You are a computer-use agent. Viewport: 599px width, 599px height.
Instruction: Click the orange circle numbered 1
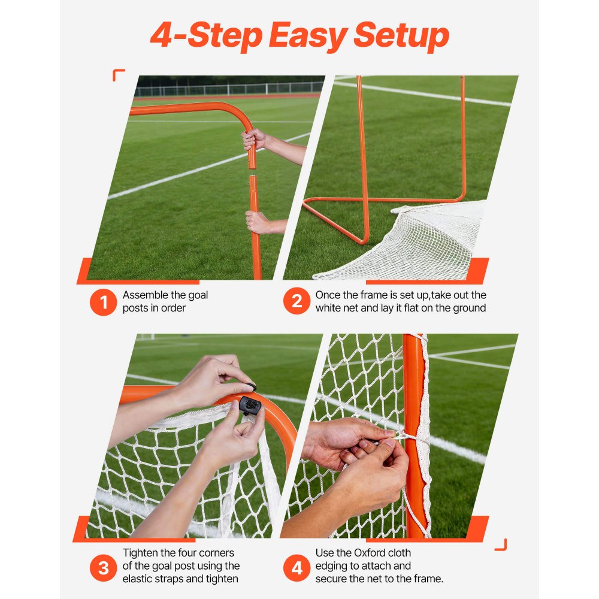(x=103, y=302)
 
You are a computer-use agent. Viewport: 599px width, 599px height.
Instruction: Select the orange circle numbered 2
(x=297, y=302)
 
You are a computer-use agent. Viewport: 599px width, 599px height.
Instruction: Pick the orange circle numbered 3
(x=103, y=567)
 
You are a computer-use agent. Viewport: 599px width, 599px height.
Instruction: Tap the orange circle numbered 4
(x=297, y=567)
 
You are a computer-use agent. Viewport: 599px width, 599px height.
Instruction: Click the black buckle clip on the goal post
(x=250, y=407)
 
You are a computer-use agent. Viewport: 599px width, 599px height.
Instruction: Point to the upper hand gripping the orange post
(x=254, y=140)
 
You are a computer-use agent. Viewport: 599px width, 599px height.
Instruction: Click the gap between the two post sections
(x=252, y=172)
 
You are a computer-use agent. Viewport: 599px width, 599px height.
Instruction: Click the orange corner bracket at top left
(x=118, y=74)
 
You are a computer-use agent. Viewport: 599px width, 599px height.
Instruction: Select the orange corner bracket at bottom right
(x=501, y=544)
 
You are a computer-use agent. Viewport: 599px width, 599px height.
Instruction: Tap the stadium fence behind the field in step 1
(x=228, y=89)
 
